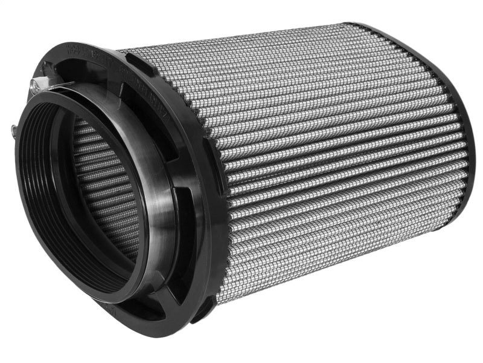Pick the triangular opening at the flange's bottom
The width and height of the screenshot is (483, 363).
pos(172,289)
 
